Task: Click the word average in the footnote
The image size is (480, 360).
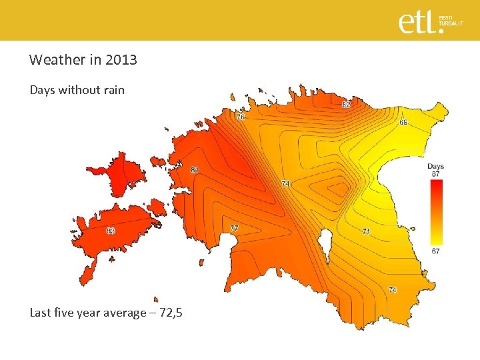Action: [124, 312]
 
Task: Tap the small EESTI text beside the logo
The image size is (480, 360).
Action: [445, 17]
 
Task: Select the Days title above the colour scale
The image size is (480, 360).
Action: [435, 166]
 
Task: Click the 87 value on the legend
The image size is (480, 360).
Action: [435, 173]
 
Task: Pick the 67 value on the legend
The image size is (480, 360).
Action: [435, 251]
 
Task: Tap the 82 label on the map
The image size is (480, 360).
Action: [346, 105]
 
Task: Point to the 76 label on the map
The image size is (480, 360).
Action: [240, 117]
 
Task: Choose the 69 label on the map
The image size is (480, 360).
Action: [404, 122]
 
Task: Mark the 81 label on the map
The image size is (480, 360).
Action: [194, 170]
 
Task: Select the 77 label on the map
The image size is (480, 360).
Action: [234, 228]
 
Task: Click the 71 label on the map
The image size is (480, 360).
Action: [367, 231]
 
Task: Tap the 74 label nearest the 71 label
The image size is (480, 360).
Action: [392, 289]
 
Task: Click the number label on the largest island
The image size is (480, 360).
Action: [111, 231]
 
